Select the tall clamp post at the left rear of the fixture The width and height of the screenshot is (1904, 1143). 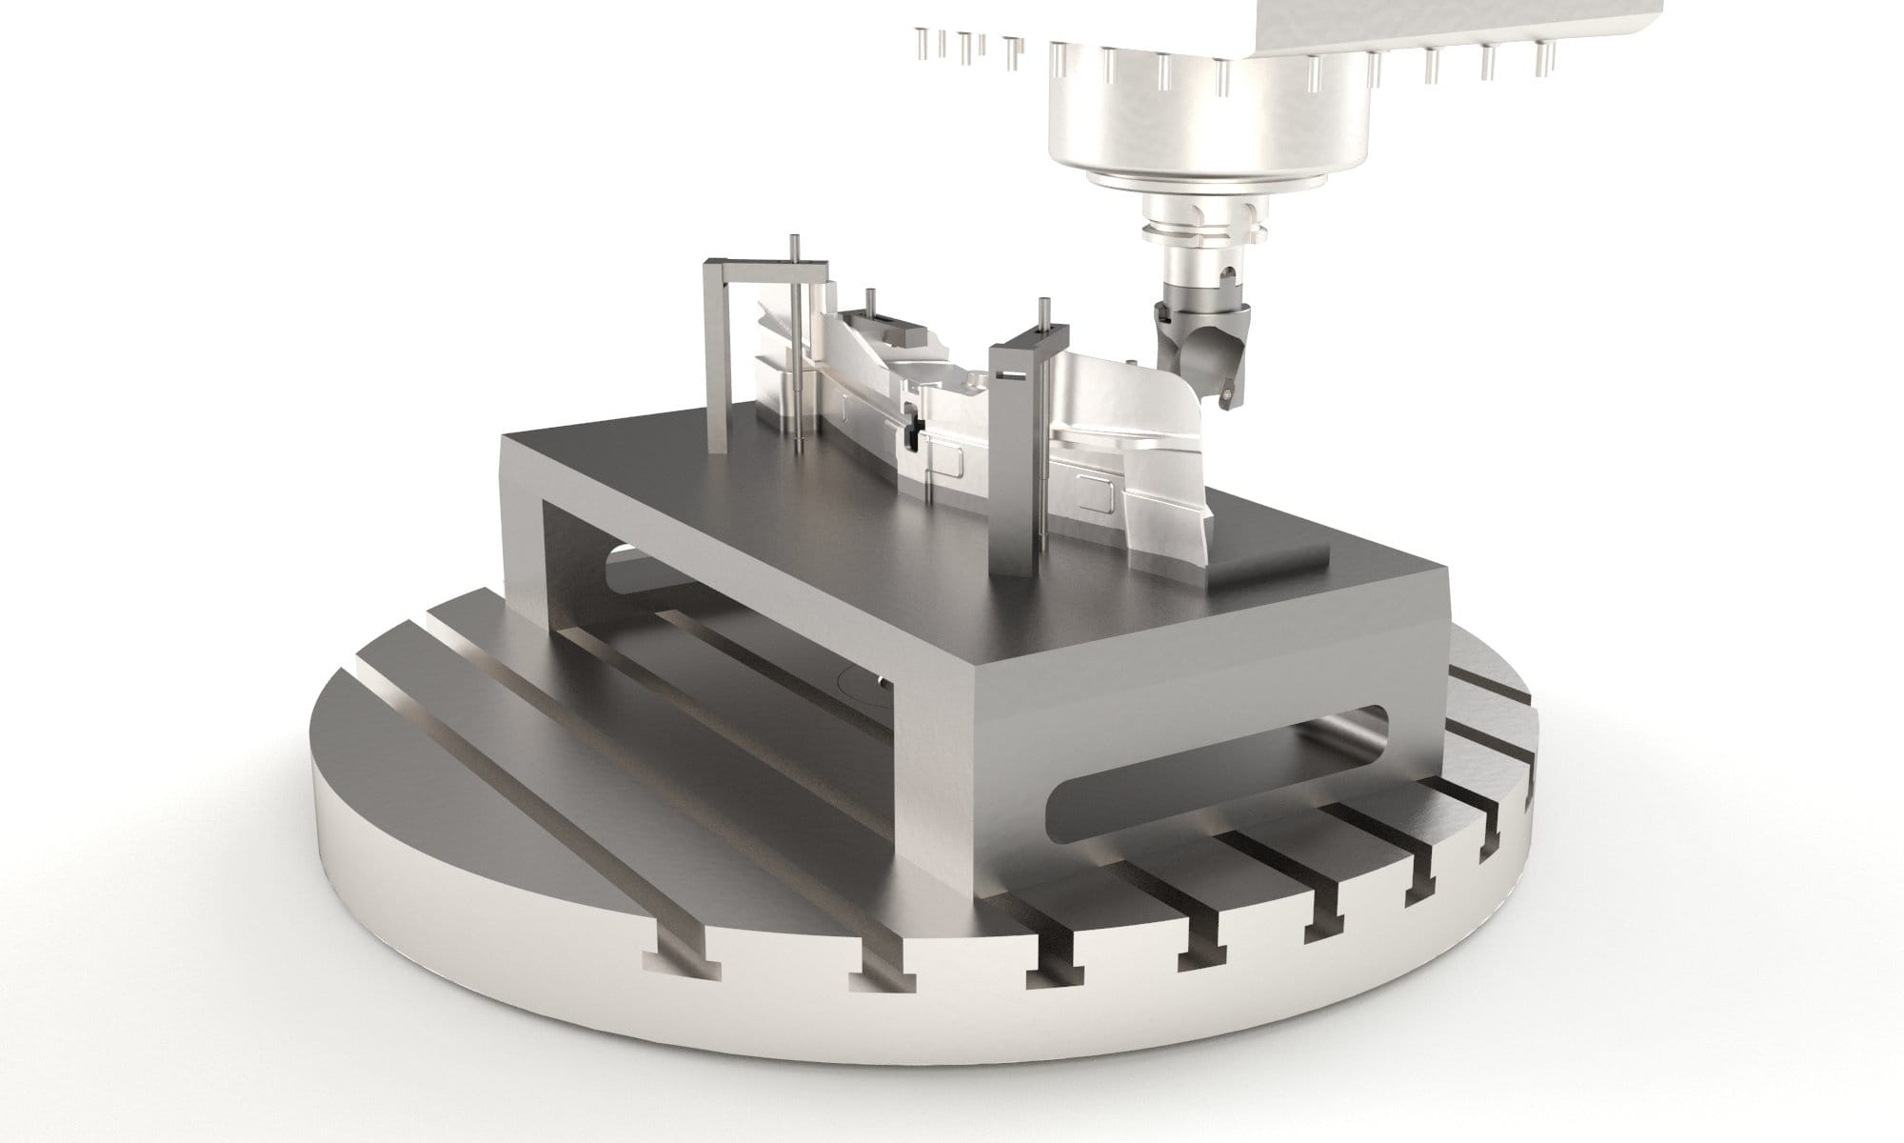[x=716, y=343]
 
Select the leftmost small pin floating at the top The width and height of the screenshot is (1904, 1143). [x=919, y=42]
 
